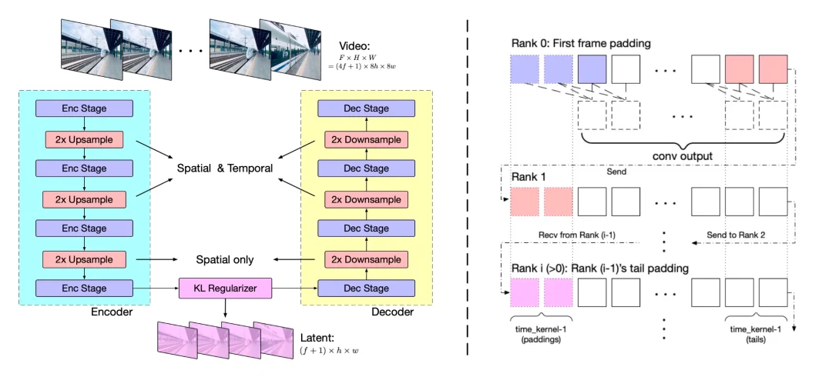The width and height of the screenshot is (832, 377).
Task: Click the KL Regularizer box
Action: (x=225, y=289)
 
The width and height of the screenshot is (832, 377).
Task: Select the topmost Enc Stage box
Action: (x=84, y=108)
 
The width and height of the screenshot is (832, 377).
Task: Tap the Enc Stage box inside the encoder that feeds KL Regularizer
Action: (x=84, y=289)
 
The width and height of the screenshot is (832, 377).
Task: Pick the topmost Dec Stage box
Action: (x=366, y=108)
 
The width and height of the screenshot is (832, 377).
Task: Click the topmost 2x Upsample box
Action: (x=84, y=139)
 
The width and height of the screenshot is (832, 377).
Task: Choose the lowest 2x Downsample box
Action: (x=366, y=260)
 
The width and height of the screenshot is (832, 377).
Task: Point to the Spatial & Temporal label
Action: (x=225, y=168)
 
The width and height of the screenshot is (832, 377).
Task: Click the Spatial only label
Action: (x=225, y=260)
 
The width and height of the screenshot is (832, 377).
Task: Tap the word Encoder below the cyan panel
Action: (x=112, y=312)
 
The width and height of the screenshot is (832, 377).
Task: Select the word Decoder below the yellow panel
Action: (x=392, y=312)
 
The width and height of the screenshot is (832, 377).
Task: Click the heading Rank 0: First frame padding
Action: (x=581, y=44)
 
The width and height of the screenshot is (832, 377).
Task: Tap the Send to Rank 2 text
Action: (x=735, y=235)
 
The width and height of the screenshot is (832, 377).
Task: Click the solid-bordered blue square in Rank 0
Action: (x=592, y=69)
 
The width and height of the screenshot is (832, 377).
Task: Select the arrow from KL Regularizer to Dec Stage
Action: (x=294, y=289)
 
